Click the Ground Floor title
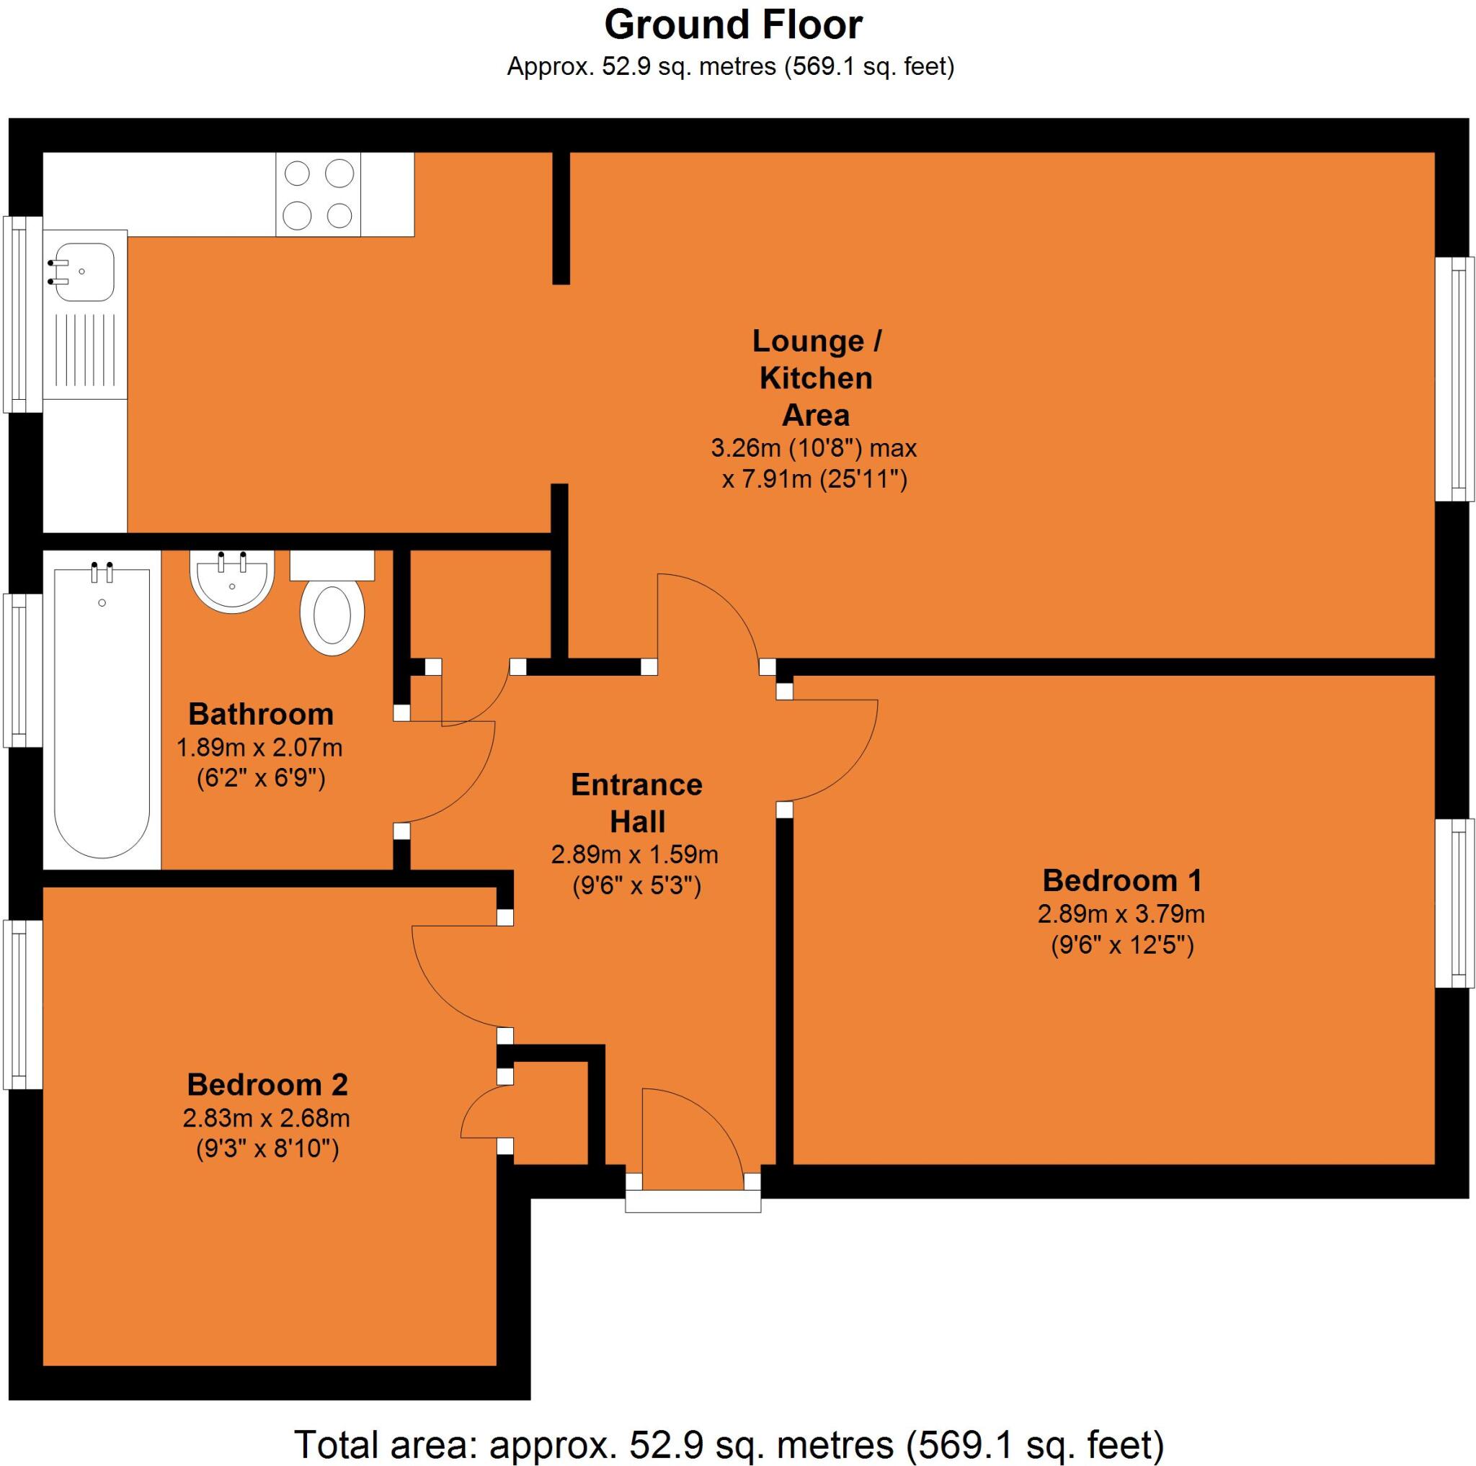(733, 24)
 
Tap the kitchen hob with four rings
(318, 194)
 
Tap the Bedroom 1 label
(1121, 880)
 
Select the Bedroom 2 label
(267, 1084)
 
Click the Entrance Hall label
(636, 803)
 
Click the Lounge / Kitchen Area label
(816, 377)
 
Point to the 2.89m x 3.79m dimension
(1121, 913)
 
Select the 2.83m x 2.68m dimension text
(266, 1118)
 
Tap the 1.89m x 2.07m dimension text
(259, 747)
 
